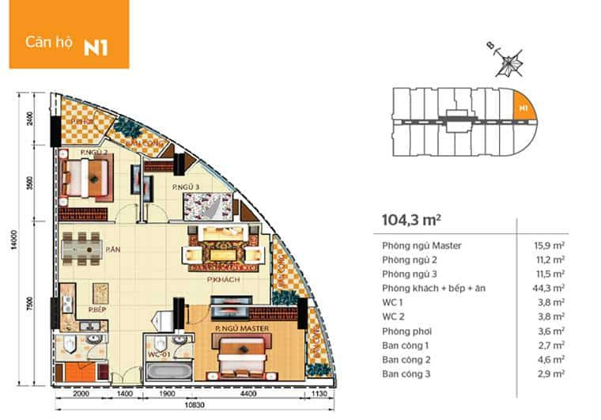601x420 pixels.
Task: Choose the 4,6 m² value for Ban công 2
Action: [x=550, y=359]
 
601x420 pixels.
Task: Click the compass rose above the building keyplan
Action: [x=508, y=60]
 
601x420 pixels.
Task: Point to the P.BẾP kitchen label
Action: [x=97, y=309]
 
